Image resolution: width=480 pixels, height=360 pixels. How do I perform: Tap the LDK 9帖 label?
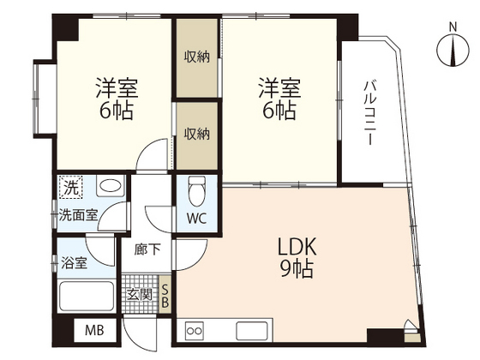[297, 258]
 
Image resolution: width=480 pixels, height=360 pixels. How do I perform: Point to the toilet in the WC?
[196, 188]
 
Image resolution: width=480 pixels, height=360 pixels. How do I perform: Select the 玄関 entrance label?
[139, 296]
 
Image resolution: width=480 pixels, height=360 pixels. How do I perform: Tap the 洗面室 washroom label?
[76, 215]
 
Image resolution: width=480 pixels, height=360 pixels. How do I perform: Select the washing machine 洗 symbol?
[69, 187]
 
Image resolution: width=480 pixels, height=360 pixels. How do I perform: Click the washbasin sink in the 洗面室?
[108, 186]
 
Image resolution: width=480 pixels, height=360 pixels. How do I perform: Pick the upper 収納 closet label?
[196, 57]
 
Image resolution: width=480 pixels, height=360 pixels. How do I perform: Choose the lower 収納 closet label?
[196, 134]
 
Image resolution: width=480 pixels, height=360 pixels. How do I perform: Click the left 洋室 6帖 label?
[114, 99]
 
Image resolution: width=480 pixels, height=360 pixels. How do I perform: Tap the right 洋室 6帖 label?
[279, 99]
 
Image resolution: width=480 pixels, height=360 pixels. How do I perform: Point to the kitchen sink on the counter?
[252, 330]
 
